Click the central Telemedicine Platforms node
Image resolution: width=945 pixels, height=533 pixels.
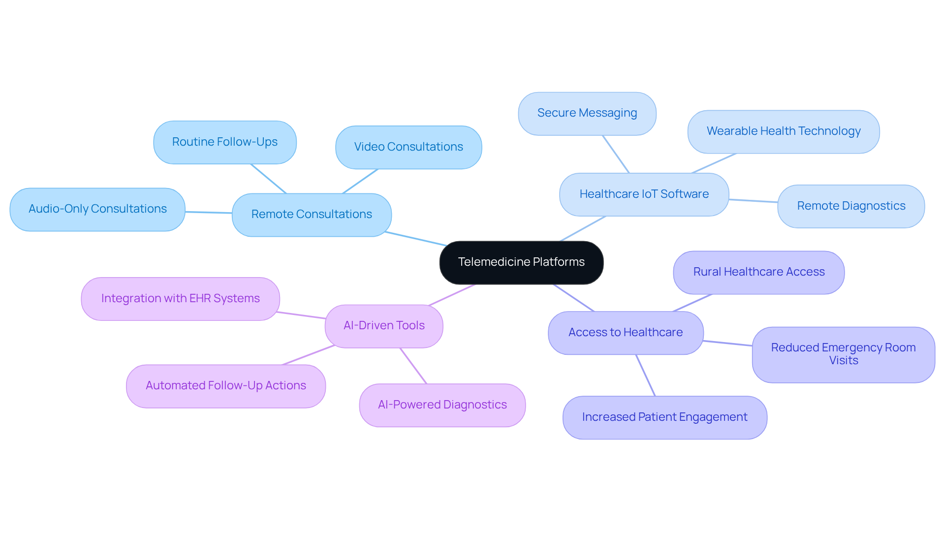(x=521, y=262)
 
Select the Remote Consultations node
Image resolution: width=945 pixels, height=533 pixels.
(x=312, y=215)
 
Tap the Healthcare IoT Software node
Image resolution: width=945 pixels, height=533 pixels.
(x=644, y=194)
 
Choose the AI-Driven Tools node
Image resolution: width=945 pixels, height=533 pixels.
(x=384, y=326)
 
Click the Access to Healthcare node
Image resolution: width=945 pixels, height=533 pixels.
(x=626, y=333)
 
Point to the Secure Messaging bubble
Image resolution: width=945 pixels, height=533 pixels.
(x=587, y=113)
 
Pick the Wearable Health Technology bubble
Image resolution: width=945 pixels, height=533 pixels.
(x=783, y=131)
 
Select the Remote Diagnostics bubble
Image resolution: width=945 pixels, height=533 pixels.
(x=850, y=206)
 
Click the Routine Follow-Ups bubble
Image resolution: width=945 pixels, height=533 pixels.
(x=224, y=142)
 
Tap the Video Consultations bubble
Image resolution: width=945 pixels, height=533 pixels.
(x=408, y=147)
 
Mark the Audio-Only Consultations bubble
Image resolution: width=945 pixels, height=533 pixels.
(x=97, y=209)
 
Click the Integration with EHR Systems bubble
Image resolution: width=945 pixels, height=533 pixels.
(x=180, y=299)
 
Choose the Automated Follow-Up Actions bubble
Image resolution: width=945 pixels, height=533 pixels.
(x=225, y=386)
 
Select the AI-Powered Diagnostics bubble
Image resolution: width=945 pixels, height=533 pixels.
(x=442, y=405)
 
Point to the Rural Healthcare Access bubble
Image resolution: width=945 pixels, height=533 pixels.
(x=758, y=272)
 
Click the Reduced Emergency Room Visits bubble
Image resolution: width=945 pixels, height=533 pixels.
(x=843, y=354)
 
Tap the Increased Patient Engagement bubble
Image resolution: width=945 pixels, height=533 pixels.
(x=664, y=417)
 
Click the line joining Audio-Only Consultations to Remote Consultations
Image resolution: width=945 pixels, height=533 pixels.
(x=209, y=213)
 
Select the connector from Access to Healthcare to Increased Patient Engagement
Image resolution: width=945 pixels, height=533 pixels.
(x=645, y=375)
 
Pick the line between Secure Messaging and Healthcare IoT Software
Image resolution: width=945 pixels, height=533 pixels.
(x=616, y=154)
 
